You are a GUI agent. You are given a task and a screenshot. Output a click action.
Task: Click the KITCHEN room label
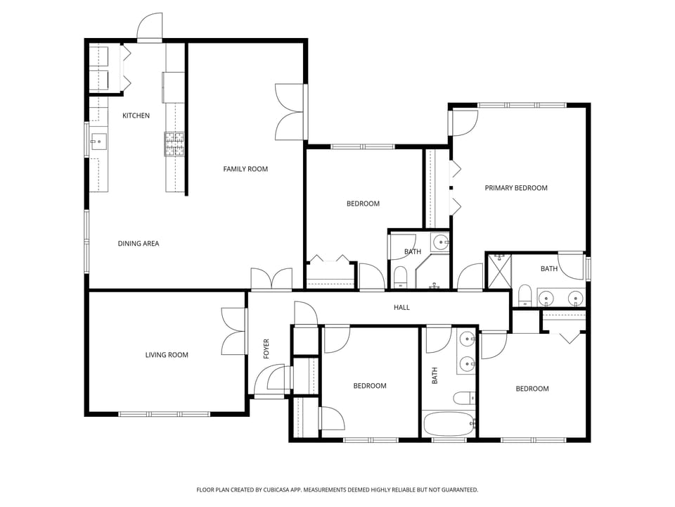pyautogui.click(x=136, y=115)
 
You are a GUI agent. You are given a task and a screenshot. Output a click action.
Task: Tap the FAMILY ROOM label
pyautogui.click(x=245, y=169)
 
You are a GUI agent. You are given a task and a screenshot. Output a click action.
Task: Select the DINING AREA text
pyautogui.click(x=138, y=244)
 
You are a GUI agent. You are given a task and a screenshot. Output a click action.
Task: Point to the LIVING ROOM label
pyautogui.click(x=167, y=355)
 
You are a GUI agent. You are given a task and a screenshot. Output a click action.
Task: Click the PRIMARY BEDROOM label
pyautogui.click(x=516, y=188)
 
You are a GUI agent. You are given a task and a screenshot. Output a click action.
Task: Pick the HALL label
pyautogui.click(x=401, y=307)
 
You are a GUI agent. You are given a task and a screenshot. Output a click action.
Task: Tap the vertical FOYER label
pyautogui.click(x=266, y=349)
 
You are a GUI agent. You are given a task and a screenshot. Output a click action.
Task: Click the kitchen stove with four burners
pyautogui.click(x=174, y=144)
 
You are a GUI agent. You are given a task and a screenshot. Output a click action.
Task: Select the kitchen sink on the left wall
pyautogui.click(x=98, y=142)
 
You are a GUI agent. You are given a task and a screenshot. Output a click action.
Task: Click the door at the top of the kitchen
pyautogui.click(x=150, y=28)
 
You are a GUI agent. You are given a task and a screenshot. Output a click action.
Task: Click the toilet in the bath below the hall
pyautogui.click(x=464, y=398)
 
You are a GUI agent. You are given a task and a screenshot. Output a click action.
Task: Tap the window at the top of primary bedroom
pyautogui.click(x=521, y=106)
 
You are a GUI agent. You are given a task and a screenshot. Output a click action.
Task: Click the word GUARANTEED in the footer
pyautogui.click(x=457, y=490)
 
